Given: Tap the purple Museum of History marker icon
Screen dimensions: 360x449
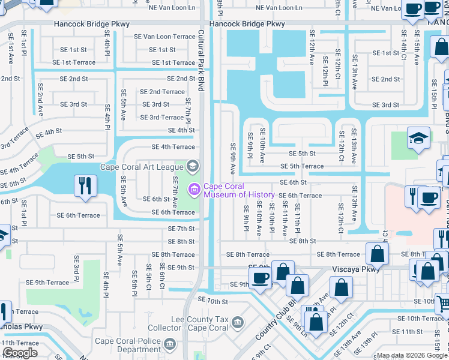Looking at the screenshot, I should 194,190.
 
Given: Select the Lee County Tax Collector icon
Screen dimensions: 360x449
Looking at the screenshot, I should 238,323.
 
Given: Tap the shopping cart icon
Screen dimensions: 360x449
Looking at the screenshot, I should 442,304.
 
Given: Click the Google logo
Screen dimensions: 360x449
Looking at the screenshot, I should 20,353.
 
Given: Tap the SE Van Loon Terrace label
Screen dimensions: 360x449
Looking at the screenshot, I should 164,37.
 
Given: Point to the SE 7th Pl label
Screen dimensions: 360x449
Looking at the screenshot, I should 188,111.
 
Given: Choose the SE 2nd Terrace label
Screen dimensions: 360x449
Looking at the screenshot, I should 162,92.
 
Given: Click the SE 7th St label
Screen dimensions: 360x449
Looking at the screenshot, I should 181,229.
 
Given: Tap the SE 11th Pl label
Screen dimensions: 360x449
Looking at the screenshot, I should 297,218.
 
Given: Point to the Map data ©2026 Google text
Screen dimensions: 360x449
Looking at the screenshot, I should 412,356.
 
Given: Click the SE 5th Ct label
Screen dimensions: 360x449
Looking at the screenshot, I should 148,277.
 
